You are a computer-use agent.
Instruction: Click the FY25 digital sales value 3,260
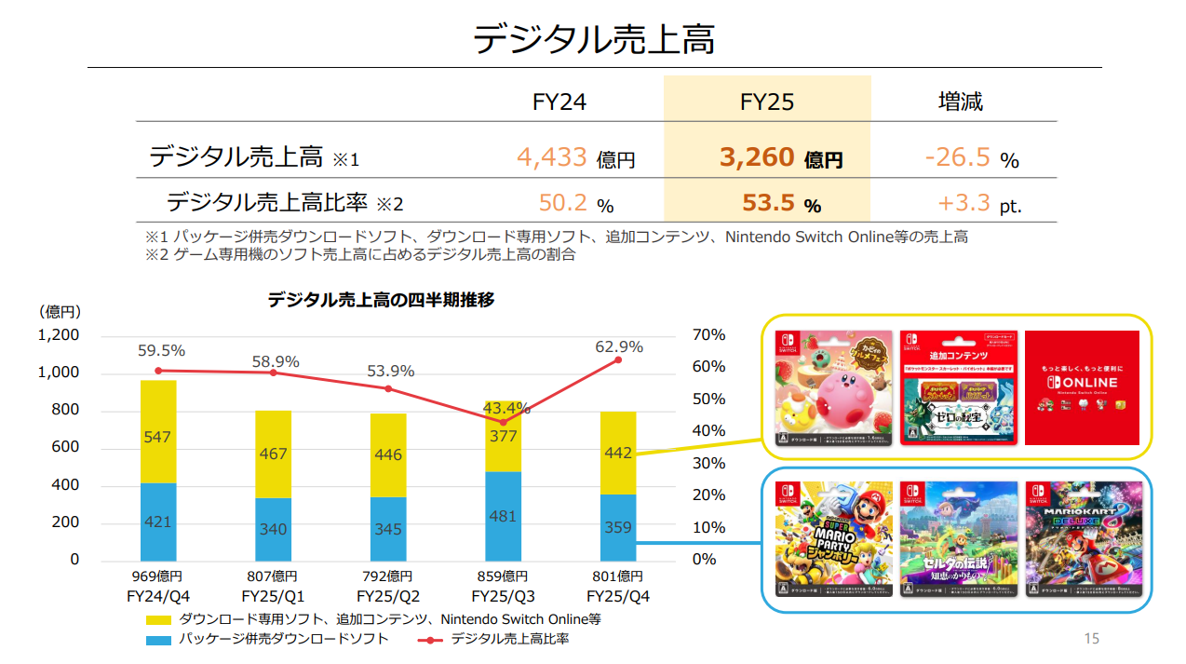[x=756, y=157]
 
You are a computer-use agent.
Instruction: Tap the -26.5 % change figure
[x=957, y=157]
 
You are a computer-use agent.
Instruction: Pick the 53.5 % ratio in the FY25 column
[x=768, y=203]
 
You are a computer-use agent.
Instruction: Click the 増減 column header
[x=961, y=101]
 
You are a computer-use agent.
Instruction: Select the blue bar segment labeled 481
[x=504, y=515]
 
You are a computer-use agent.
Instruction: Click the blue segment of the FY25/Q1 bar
[x=273, y=528]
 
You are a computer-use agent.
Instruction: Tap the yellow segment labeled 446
[x=388, y=455]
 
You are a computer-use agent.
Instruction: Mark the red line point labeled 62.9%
[x=618, y=359]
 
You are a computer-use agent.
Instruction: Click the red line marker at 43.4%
[x=504, y=422]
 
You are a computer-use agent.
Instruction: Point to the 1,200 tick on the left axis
[x=58, y=335]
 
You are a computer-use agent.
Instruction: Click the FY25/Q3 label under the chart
[x=503, y=595]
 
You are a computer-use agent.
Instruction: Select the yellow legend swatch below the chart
[x=157, y=619]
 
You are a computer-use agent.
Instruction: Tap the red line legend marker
[x=429, y=640]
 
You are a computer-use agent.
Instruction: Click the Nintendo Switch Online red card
[x=1082, y=387]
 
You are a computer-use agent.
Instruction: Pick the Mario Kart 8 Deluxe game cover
[x=1082, y=539]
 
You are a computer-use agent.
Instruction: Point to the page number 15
[x=1091, y=639]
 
